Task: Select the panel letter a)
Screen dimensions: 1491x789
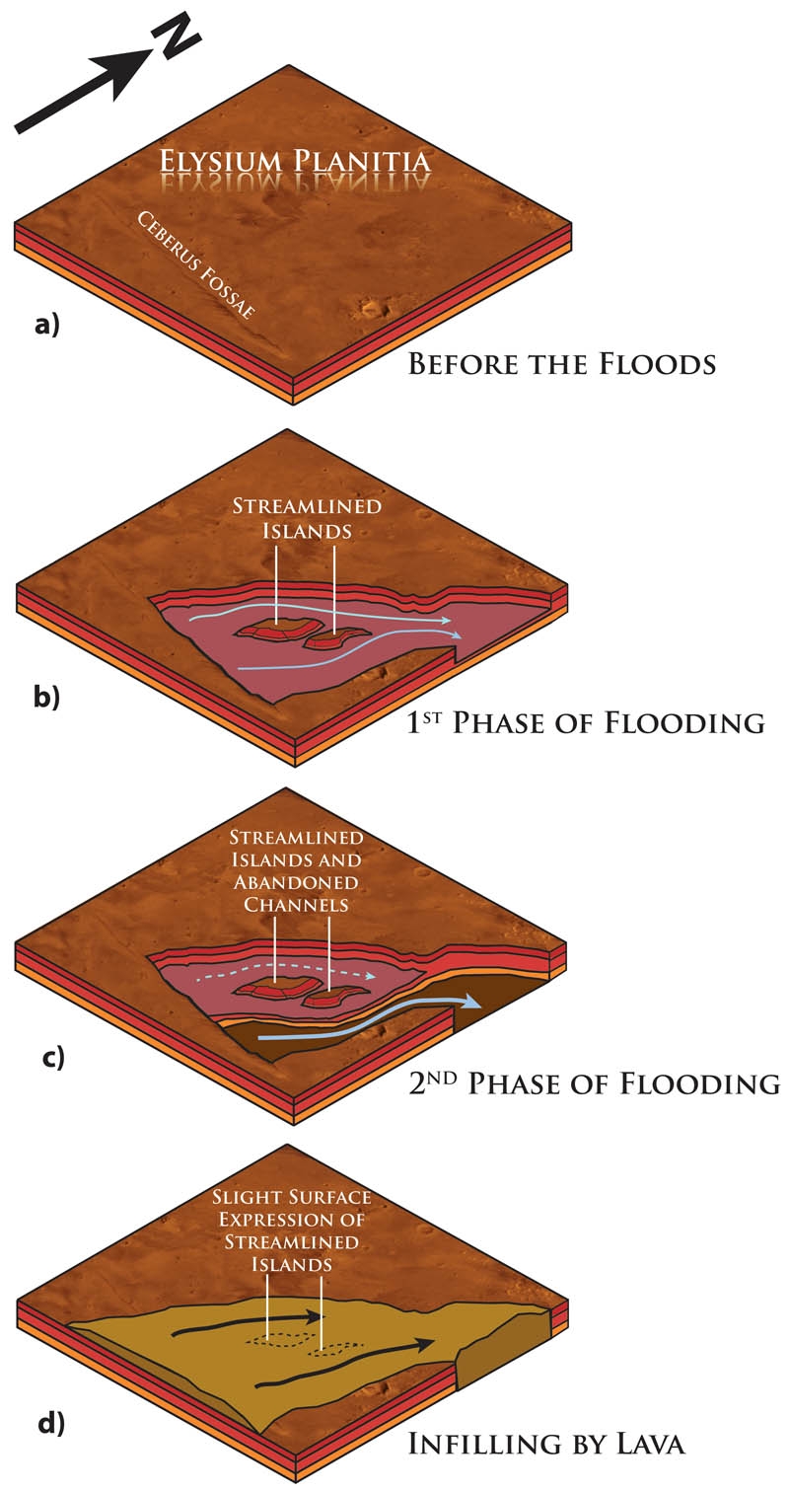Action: (x=47, y=325)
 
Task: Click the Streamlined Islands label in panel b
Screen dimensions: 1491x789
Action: (x=307, y=518)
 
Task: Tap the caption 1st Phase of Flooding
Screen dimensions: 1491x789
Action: (x=586, y=722)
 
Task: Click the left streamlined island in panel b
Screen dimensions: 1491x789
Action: (x=272, y=631)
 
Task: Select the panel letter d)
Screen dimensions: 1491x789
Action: (x=49, y=1424)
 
